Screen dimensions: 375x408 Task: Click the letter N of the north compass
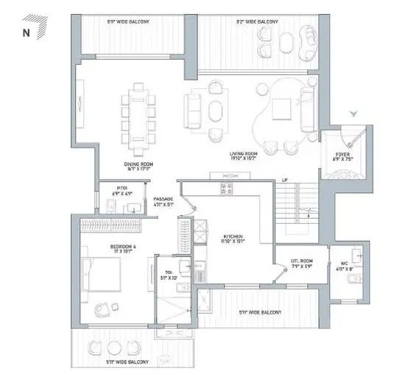pos(26,32)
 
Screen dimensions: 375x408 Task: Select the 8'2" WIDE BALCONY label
pos(258,23)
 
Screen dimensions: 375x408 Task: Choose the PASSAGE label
pos(163,200)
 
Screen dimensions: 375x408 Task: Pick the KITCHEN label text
pos(233,236)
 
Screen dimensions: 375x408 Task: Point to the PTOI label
pos(122,189)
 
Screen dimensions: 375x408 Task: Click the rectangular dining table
pos(138,116)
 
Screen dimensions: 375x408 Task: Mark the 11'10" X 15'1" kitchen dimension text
pos(233,242)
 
